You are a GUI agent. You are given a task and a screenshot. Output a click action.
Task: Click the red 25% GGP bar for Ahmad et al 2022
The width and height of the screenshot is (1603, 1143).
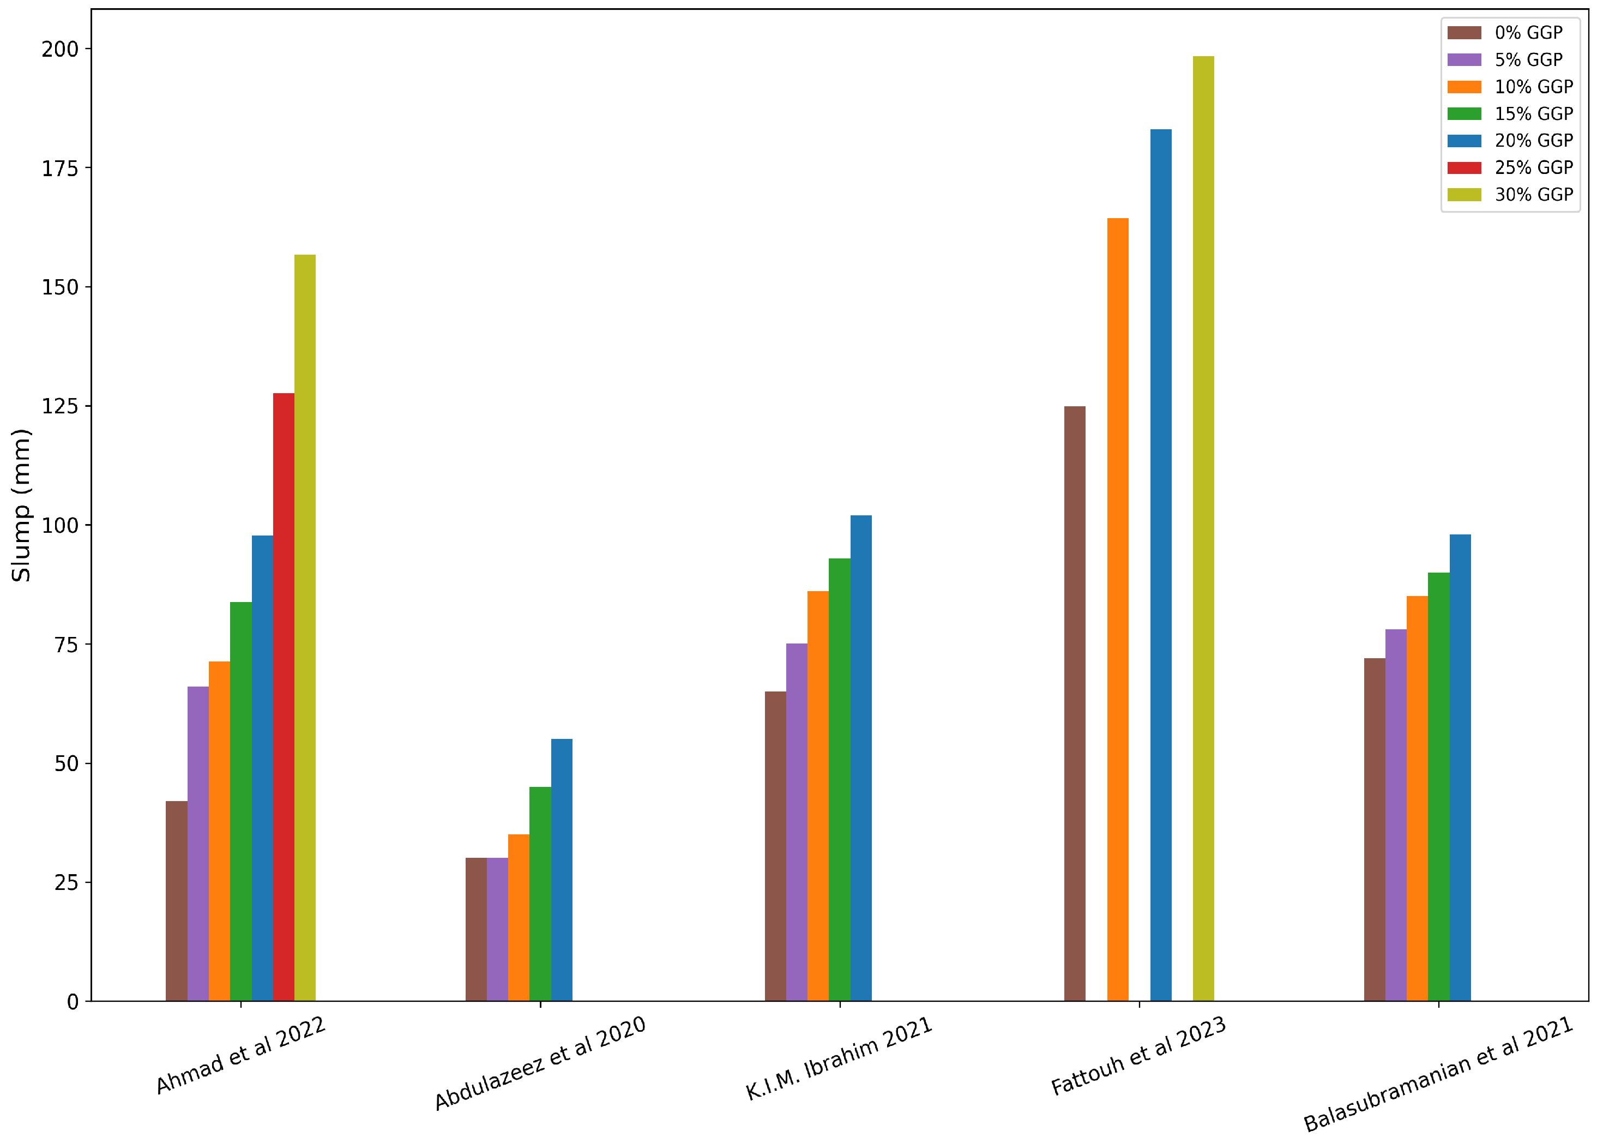click(x=284, y=697)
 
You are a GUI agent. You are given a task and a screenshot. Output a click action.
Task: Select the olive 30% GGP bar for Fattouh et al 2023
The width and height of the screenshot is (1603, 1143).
click(x=1203, y=528)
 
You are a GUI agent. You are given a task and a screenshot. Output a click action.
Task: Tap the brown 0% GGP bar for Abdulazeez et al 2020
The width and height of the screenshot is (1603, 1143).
click(x=475, y=929)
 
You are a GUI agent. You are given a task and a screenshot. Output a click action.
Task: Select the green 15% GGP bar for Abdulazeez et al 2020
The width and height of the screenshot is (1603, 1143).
click(x=540, y=894)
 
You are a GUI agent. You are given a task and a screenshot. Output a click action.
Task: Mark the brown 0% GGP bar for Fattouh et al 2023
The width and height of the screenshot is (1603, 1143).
click(x=1075, y=704)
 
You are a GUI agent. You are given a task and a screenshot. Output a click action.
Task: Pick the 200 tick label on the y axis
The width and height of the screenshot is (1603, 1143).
click(x=60, y=49)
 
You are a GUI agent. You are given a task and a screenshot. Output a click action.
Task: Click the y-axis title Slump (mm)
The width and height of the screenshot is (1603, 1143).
click(x=22, y=504)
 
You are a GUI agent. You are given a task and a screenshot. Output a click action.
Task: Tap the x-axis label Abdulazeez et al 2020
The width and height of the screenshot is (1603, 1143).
click(x=540, y=1063)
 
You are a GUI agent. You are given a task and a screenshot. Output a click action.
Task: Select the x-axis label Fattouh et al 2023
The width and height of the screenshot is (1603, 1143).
click(x=1138, y=1056)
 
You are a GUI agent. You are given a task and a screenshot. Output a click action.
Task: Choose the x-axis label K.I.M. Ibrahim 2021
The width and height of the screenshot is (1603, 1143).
click(x=839, y=1058)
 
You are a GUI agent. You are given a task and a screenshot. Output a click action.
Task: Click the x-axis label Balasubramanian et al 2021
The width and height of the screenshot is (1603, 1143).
click(x=1438, y=1073)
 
